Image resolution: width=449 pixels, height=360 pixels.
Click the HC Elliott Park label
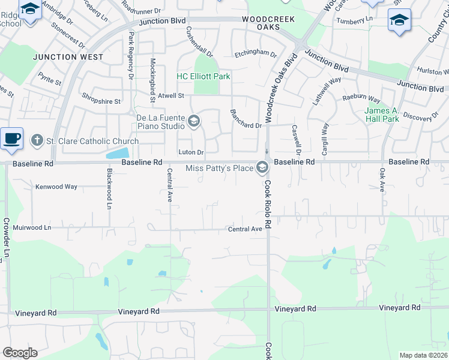point(203,77)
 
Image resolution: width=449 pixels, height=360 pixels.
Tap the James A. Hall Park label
point(382,115)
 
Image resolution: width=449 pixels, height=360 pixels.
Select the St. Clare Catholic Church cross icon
point(37,140)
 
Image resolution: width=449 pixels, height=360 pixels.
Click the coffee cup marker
point(12,139)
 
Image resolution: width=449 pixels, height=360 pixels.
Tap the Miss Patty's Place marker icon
point(262,168)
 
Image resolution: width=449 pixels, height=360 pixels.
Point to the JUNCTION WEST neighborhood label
point(68,58)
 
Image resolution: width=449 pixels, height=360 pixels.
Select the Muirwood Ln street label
point(32,228)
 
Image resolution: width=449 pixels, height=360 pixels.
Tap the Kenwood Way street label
point(56,187)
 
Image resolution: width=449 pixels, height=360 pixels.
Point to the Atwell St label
point(171,95)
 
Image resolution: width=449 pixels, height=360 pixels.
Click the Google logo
point(20,353)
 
